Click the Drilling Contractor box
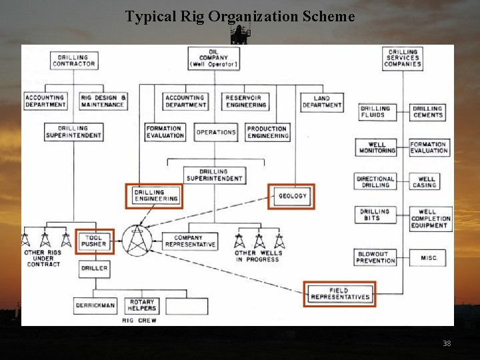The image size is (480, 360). click(73, 61)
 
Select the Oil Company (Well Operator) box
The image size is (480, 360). click(213, 58)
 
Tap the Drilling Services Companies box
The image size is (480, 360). click(403, 58)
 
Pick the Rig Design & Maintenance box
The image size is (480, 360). click(103, 101)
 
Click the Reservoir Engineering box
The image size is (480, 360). click(246, 101)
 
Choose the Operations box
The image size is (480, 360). click(216, 132)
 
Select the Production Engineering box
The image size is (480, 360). click(267, 132)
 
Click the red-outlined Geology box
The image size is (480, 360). click(292, 196)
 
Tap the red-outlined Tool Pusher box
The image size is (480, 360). click(94, 241)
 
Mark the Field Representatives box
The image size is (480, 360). click(339, 293)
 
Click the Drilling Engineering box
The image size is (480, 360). click(153, 195)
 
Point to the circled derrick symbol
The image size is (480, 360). click(137, 240)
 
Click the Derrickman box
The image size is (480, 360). click(95, 306)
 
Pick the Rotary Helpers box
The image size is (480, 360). click(141, 305)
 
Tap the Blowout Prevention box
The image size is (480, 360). click(375, 257)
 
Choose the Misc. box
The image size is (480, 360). click(429, 257)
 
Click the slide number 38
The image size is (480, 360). click(447, 343)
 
